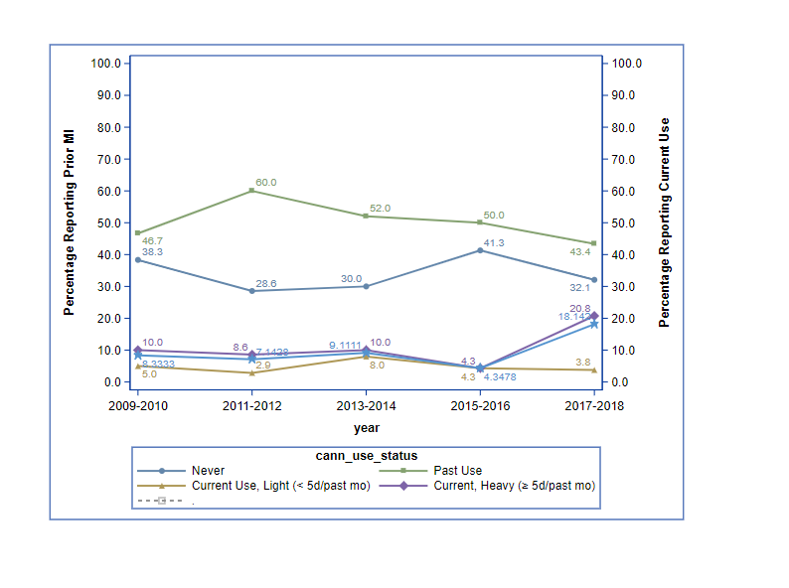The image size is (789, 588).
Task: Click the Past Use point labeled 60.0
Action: pyautogui.click(x=252, y=191)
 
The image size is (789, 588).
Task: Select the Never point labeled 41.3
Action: pyautogui.click(x=480, y=250)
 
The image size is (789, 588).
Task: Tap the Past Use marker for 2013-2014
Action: pyautogui.click(x=367, y=217)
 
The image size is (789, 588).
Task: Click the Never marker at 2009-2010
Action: pyautogui.click(x=138, y=260)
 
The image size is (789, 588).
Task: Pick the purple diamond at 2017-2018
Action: pyautogui.click(x=594, y=316)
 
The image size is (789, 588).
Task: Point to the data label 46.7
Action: pyautogui.click(x=153, y=240)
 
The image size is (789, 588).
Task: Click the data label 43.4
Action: pyautogui.click(x=580, y=252)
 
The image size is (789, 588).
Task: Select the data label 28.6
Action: pyautogui.click(x=266, y=283)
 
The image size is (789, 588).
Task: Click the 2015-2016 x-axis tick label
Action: pyautogui.click(x=480, y=406)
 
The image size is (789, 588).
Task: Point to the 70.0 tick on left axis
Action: pyautogui.click(x=105, y=159)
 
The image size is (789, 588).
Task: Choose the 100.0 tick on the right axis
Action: pyautogui.click(x=628, y=64)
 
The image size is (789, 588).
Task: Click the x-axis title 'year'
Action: pyautogui.click(x=366, y=428)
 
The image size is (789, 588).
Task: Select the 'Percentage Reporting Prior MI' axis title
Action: pyautogui.click(x=70, y=222)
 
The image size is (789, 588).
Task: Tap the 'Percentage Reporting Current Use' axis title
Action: pyautogui.click(x=665, y=222)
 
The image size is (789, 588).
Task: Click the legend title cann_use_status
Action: pyautogui.click(x=366, y=455)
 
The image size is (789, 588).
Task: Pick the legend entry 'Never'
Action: pyautogui.click(x=208, y=470)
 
